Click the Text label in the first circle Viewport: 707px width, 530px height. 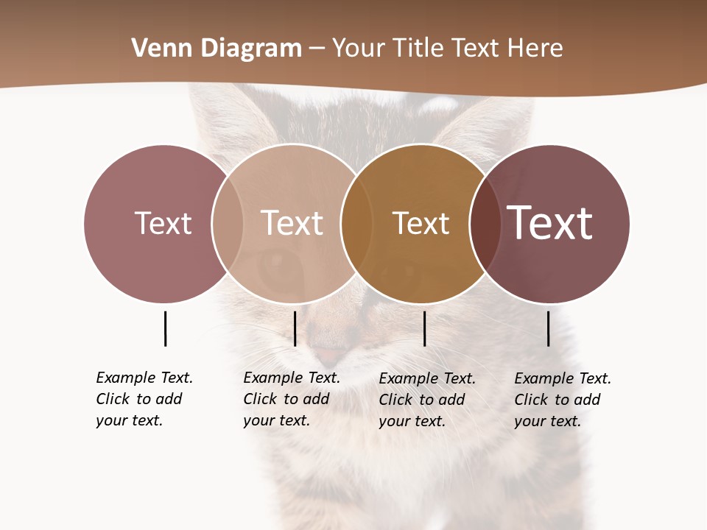tap(163, 223)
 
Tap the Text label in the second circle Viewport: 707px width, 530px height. tap(292, 223)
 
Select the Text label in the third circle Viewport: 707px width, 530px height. tap(421, 223)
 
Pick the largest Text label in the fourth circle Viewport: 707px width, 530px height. tap(549, 223)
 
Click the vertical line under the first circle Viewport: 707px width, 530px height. tap(165, 328)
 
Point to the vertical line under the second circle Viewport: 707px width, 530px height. tap(295, 328)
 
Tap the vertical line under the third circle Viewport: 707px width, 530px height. tap(424, 328)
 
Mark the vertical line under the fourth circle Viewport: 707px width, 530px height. tap(549, 328)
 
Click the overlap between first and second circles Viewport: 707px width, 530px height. tap(228, 223)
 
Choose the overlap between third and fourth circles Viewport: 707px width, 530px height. tap(485, 223)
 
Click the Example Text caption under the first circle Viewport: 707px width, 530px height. tap(144, 399)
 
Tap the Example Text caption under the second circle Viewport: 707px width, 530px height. tap(291, 399)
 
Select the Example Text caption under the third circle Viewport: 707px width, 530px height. tap(426, 400)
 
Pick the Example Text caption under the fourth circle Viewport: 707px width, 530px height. tap(562, 400)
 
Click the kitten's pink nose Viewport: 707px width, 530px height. tap(329, 356)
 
